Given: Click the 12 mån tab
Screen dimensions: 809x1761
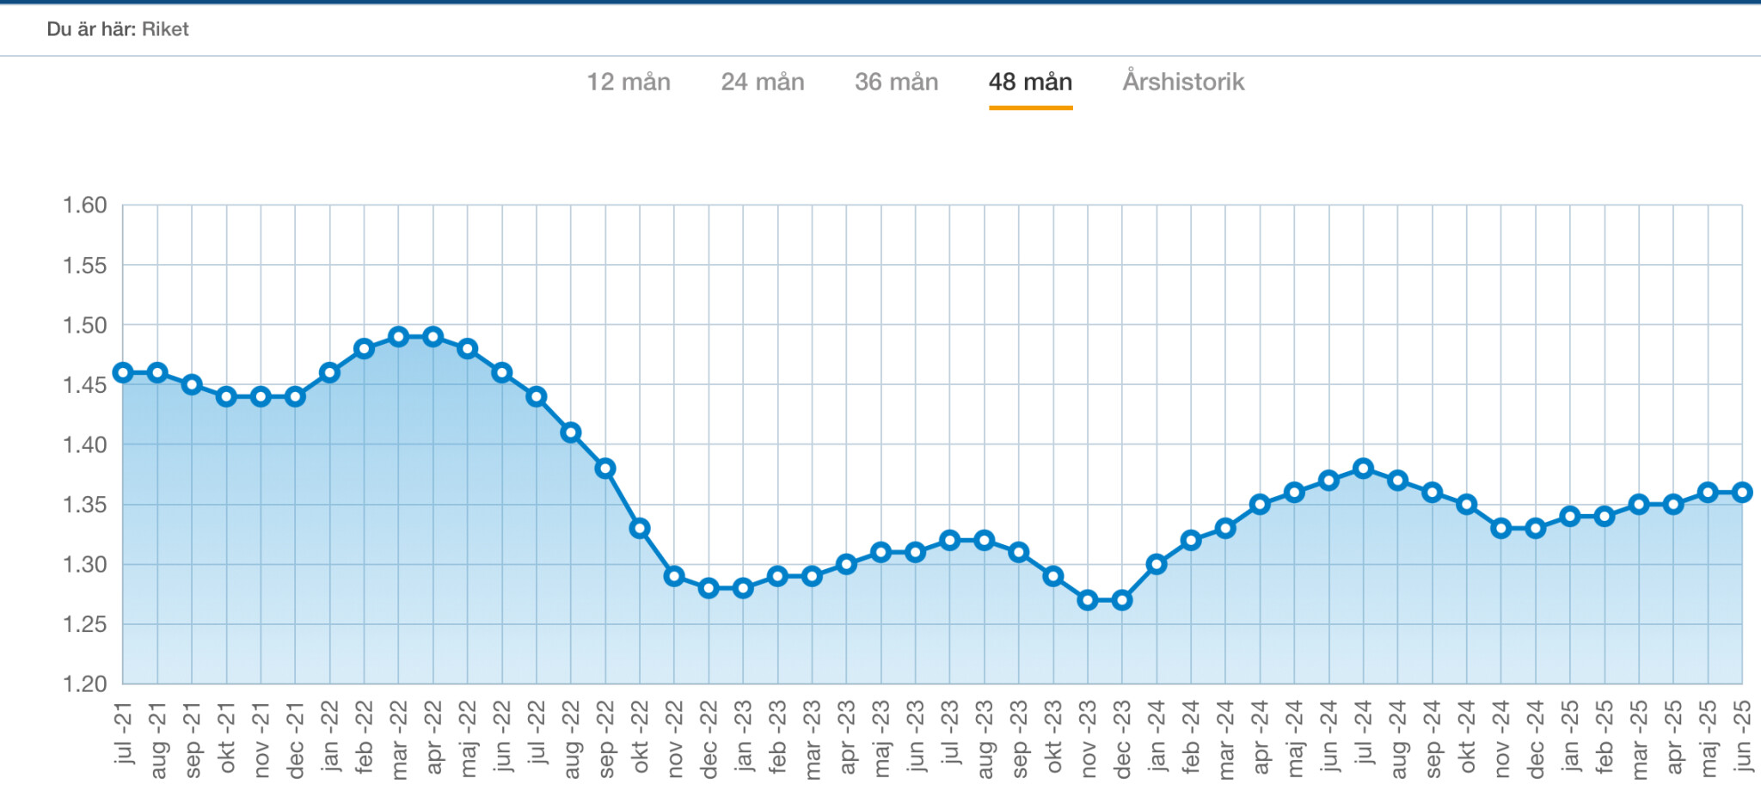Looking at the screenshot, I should tap(629, 83).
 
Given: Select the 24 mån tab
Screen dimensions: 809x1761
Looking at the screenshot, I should tap(763, 83).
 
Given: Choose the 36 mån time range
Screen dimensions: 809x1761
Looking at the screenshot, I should tap(896, 83).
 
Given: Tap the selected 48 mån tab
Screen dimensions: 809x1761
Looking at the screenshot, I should tap(1030, 83).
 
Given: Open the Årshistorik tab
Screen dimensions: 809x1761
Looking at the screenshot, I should tap(1183, 83).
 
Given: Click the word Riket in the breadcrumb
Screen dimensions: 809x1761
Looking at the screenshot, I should tap(165, 29).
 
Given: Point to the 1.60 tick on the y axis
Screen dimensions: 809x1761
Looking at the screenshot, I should tap(84, 205).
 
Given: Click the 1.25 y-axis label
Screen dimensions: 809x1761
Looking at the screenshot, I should tap(84, 624).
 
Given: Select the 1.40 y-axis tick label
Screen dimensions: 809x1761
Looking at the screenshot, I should tap(84, 444).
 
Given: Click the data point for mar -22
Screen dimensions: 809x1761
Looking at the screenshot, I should tap(398, 336).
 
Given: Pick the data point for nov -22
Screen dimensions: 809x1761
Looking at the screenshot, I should tap(674, 576).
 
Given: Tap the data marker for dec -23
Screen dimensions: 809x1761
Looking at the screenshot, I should tap(1122, 600).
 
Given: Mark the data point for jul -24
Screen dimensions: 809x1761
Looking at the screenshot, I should tap(1363, 469).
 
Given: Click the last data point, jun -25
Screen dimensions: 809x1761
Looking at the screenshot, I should tap(1742, 493).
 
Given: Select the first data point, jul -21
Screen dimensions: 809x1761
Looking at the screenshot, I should tap(123, 372).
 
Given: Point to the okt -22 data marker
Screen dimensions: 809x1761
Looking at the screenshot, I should tap(640, 528).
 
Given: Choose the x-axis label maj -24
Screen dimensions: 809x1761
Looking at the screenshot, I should tap(1294, 738).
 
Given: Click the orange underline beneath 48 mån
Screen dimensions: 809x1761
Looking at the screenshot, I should tap(1030, 107).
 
